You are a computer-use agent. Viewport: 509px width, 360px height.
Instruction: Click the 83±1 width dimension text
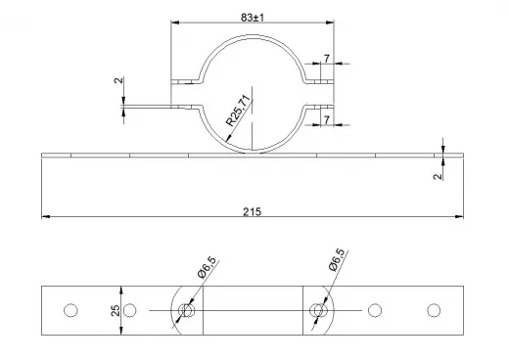point(253,18)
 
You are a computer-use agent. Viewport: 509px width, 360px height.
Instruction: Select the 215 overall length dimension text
point(252,212)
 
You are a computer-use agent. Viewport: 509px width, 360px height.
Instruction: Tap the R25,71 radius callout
point(238,111)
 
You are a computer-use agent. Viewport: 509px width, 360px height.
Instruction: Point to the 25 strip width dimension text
point(116,310)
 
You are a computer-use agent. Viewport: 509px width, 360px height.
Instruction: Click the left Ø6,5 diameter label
point(207,267)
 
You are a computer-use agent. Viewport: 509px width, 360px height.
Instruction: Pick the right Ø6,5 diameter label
point(337,259)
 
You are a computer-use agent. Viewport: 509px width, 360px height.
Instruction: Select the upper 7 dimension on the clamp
point(327,59)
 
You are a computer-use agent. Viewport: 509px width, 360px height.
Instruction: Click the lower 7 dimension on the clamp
point(327,120)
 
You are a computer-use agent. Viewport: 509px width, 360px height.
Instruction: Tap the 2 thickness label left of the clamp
point(118,80)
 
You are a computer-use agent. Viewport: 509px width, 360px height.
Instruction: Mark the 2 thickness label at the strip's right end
point(438,176)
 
